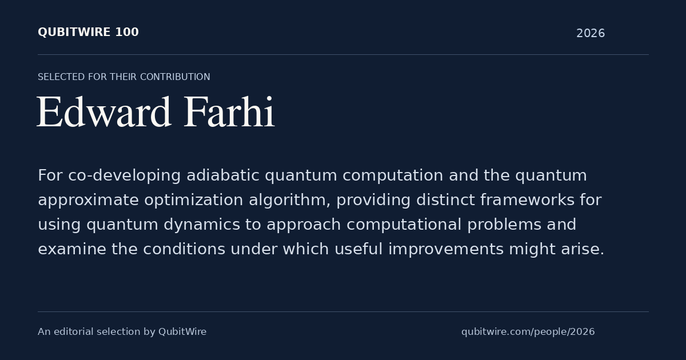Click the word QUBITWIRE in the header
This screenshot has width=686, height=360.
coord(74,32)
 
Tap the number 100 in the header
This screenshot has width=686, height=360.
coord(127,32)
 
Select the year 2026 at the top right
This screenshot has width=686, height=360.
coord(591,33)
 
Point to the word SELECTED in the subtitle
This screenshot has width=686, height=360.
coord(61,77)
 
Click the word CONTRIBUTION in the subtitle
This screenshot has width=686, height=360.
coord(175,77)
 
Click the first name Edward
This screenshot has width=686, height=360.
coord(104,112)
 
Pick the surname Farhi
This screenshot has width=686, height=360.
coord(229,111)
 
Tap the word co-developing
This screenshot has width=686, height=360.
coord(125,176)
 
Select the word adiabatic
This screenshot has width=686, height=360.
coord(222,175)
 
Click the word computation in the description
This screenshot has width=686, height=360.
coord(393,176)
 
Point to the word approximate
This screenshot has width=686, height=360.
coord(88,201)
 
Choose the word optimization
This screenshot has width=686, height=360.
coord(194,201)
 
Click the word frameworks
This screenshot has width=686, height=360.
coord(527,200)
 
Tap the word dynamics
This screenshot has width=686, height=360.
coord(201,225)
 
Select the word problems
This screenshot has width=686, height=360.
coord(504,225)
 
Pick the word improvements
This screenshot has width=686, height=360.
coord(446,250)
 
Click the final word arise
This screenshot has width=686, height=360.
coord(583,249)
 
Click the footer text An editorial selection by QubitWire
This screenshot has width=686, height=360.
coord(122,332)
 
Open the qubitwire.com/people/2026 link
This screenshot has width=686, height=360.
coord(528,332)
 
